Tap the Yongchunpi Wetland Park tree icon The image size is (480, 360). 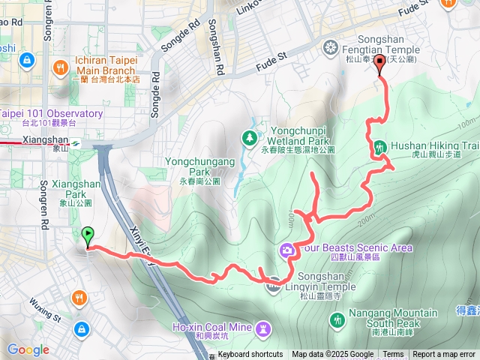pos(249,136)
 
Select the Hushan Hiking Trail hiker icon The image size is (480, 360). pos(379,147)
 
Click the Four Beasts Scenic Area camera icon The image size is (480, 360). pos(286,249)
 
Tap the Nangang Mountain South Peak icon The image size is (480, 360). pos(337,320)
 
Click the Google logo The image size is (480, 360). pos(28,349)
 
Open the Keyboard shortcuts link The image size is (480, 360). pos(250,355)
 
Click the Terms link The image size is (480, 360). pos(393,355)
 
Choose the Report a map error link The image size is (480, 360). pos(445,355)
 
